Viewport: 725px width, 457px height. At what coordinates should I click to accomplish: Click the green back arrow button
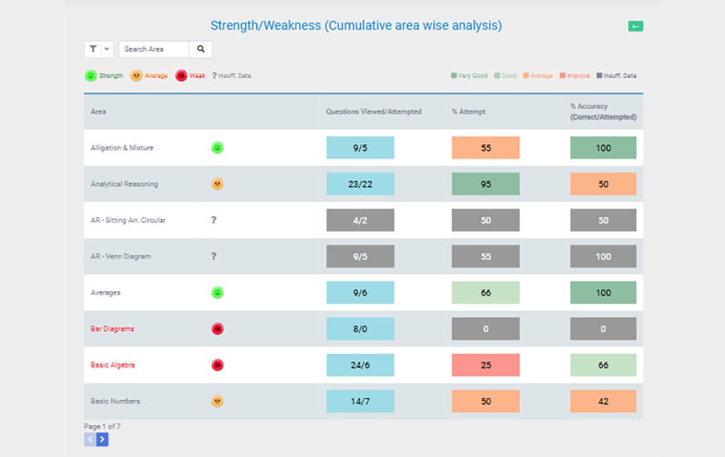(x=635, y=26)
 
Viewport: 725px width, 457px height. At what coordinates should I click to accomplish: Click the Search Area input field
(x=154, y=49)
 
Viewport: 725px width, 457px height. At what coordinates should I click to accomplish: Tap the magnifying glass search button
(x=201, y=49)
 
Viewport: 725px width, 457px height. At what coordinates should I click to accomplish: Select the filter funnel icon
(x=93, y=49)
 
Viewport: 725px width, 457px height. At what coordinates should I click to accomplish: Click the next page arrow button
(x=102, y=440)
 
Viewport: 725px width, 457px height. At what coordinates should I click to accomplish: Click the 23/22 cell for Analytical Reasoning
(x=360, y=184)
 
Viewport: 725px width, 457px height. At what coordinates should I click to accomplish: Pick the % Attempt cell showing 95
(x=486, y=184)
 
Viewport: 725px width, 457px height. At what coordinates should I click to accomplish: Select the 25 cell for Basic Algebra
(x=486, y=365)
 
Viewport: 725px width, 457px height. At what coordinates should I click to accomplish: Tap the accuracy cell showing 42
(x=603, y=401)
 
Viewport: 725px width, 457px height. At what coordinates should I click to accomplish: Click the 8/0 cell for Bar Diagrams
(x=360, y=329)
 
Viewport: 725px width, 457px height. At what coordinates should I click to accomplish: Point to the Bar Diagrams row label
(x=113, y=329)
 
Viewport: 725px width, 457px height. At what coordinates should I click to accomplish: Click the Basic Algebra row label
(x=113, y=365)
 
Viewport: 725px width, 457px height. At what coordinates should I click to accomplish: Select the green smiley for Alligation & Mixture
(x=217, y=148)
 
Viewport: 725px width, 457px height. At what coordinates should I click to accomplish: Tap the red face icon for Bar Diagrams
(x=217, y=329)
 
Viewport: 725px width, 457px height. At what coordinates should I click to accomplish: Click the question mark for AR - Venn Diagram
(x=214, y=256)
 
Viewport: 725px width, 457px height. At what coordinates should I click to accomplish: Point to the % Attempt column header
(x=469, y=111)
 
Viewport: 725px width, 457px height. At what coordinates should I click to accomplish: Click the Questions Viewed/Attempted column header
(x=374, y=111)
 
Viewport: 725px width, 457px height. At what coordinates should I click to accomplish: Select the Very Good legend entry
(x=469, y=75)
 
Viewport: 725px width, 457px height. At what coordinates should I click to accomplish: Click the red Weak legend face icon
(x=181, y=75)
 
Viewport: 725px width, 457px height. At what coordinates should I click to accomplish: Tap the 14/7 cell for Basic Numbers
(x=360, y=401)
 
